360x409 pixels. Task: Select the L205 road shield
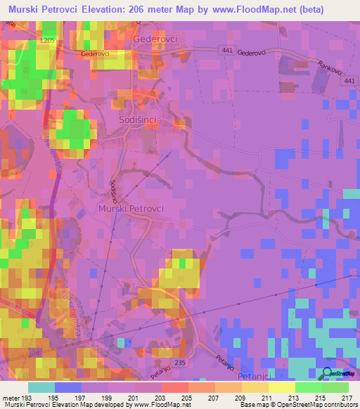[47, 41]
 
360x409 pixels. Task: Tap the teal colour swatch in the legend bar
[41, 387]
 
